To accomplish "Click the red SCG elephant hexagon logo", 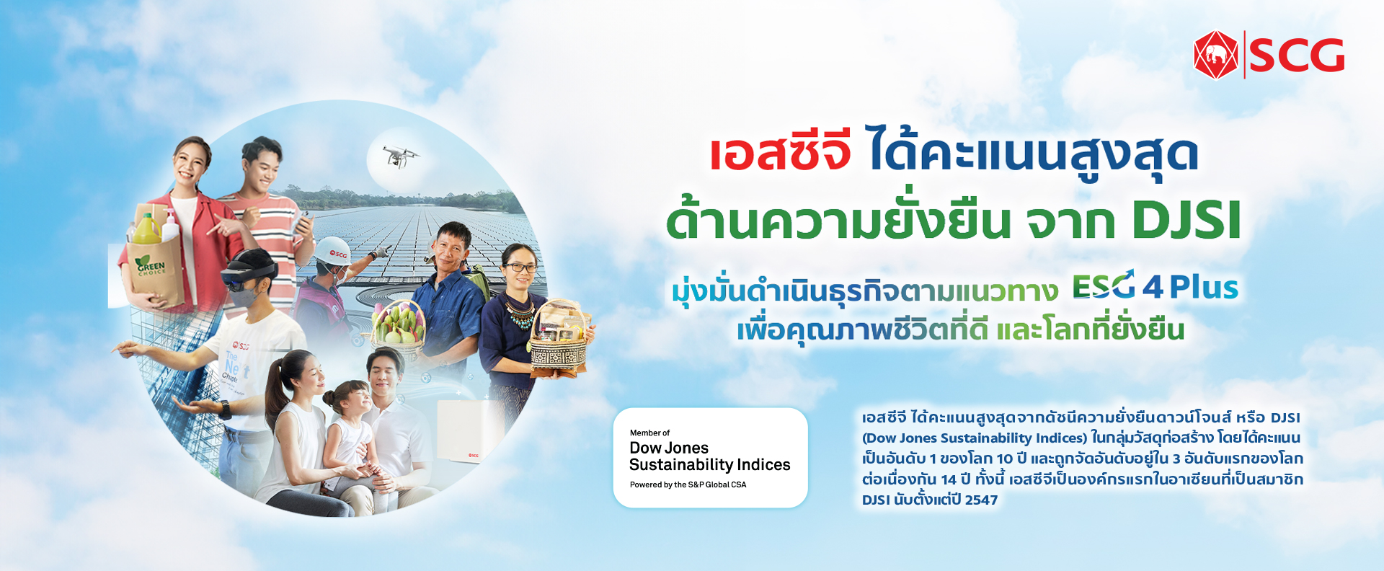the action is [x=1216, y=55].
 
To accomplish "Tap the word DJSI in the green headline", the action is [x=1186, y=221].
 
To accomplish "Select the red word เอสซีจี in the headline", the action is [x=780, y=153].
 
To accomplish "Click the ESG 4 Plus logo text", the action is [x=1155, y=286].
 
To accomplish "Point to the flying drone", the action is [x=399, y=155].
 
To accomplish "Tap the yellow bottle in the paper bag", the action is [x=147, y=228].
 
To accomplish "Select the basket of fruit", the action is [x=398, y=328].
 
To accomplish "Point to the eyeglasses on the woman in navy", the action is [x=520, y=267].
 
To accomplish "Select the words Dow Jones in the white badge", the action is [x=669, y=448].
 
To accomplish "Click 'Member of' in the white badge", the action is [x=649, y=433].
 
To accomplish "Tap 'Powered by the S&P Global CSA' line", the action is [x=688, y=484].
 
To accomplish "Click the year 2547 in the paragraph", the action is [x=981, y=500].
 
